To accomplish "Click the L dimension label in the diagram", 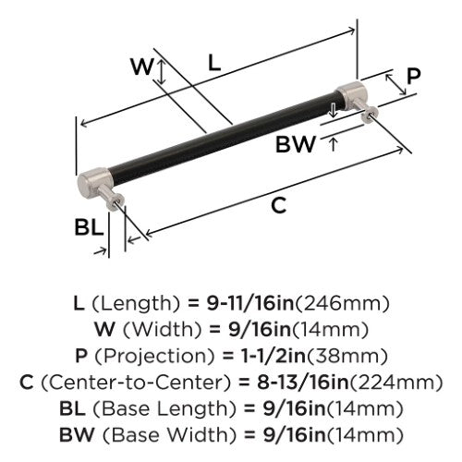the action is [214, 63].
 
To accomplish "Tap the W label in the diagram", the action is [141, 67].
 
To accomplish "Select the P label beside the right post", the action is [413, 76].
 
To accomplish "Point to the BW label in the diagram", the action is [296, 144].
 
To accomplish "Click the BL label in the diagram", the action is [89, 227].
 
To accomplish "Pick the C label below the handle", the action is [279, 205].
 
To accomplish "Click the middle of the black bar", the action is [223, 139].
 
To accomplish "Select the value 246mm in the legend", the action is [342, 303].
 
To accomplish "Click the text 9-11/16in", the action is [249, 303].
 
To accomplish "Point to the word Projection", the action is [154, 356].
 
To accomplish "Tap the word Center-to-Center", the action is [136, 383].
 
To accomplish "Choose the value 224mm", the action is [396, 383].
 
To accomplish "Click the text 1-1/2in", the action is [272, 356].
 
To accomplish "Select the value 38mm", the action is [347, 356].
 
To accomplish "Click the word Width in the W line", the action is [162, 330].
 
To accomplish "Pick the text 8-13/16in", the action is [303, 383].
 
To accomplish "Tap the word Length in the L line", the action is [136, 303].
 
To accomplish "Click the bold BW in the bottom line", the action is [77, 434].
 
